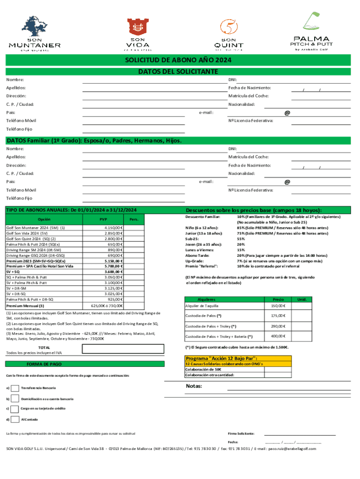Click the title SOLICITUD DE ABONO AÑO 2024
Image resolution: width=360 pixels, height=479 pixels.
178,61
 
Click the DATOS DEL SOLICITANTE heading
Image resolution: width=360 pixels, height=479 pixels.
178,72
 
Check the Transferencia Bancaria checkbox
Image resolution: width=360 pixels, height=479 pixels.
15,388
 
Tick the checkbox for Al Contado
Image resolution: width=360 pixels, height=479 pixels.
15,419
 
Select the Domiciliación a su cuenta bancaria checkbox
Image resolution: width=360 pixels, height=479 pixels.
15,399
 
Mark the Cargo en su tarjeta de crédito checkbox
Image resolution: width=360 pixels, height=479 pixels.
15,408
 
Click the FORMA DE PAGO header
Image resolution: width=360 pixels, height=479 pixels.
44,363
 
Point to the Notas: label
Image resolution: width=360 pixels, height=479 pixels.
194,386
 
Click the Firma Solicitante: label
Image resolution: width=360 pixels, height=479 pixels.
241,434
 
